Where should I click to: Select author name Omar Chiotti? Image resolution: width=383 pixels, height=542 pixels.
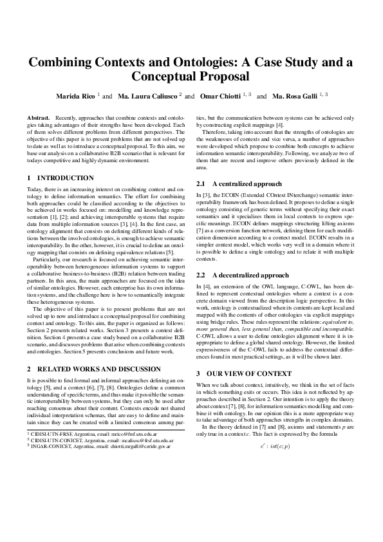218,96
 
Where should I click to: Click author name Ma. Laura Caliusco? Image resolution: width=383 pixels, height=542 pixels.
147,96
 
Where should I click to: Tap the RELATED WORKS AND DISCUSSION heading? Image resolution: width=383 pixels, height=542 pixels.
93,369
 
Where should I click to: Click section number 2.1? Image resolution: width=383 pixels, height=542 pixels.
202,184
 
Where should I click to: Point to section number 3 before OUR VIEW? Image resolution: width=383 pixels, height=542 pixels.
198,373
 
